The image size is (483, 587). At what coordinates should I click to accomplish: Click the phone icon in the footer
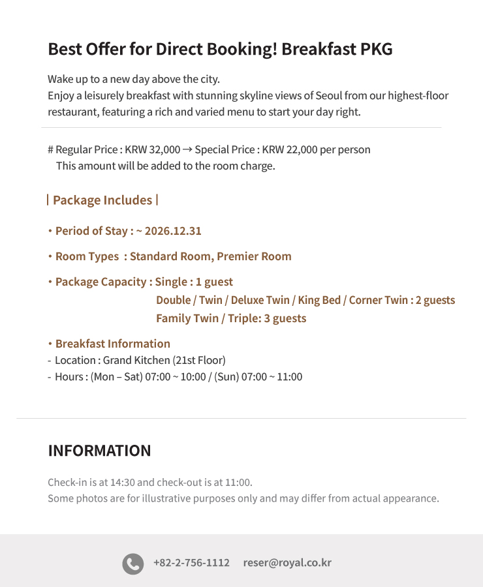point(132,564)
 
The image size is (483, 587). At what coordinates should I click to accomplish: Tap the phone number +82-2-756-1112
point(191,563)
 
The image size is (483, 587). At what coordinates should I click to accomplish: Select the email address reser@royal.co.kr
point(287,563)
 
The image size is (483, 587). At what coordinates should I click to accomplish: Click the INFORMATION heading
point(99,451)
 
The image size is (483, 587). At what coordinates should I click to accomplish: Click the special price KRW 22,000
point(290,149)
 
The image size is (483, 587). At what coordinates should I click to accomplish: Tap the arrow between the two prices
point(187,149)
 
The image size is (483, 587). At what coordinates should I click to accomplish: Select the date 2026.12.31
point(173,231)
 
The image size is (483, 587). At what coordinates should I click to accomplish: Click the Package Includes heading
point(102,200)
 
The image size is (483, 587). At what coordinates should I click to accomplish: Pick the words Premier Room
point(254,256)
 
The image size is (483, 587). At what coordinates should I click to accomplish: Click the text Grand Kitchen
point(136,360)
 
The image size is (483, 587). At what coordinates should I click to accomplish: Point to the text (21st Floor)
point(199,360)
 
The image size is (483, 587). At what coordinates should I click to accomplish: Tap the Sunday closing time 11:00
point(289,376)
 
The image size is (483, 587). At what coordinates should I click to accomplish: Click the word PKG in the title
point(377,49)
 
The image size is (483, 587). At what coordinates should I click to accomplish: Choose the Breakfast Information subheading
point(112,344)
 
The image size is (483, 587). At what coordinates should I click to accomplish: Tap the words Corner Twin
point(378,300)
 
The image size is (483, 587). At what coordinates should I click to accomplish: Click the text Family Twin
point(187,318)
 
